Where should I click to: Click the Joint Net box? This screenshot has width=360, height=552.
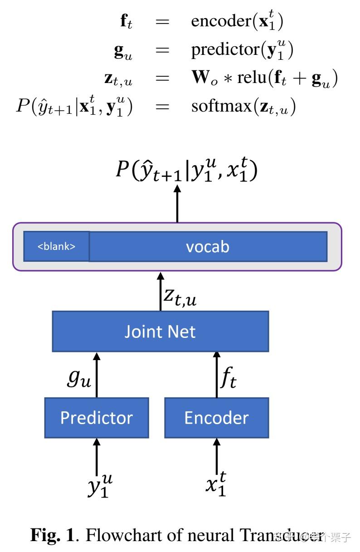160,331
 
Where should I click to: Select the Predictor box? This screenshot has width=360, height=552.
97,417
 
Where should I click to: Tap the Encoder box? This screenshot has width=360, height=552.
216,417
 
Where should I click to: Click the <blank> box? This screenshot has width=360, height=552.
56,246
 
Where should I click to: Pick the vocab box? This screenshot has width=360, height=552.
208,246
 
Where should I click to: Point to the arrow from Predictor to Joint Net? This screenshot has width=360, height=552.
97,375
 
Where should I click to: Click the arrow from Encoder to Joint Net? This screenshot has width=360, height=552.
216,375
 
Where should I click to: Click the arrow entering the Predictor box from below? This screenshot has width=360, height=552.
97,456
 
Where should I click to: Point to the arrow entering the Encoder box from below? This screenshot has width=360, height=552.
216,456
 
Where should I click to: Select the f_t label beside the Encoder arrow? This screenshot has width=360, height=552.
228,379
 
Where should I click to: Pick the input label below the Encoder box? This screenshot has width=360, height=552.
216,484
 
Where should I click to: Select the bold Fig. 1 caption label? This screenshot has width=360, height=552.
52,535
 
